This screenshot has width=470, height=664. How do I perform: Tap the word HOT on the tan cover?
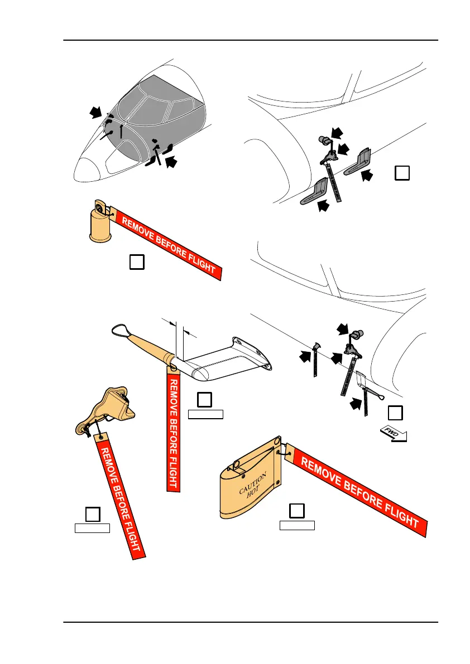[262, 495]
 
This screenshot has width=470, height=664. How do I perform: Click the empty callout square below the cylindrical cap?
[137, 261]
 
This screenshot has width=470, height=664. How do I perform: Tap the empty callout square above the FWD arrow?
[395, 413]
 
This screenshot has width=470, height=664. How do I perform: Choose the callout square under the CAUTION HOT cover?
[297, 510]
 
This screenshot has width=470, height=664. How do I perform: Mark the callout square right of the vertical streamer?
[205, 399]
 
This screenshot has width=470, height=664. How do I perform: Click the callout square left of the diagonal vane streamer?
[93, 514]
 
